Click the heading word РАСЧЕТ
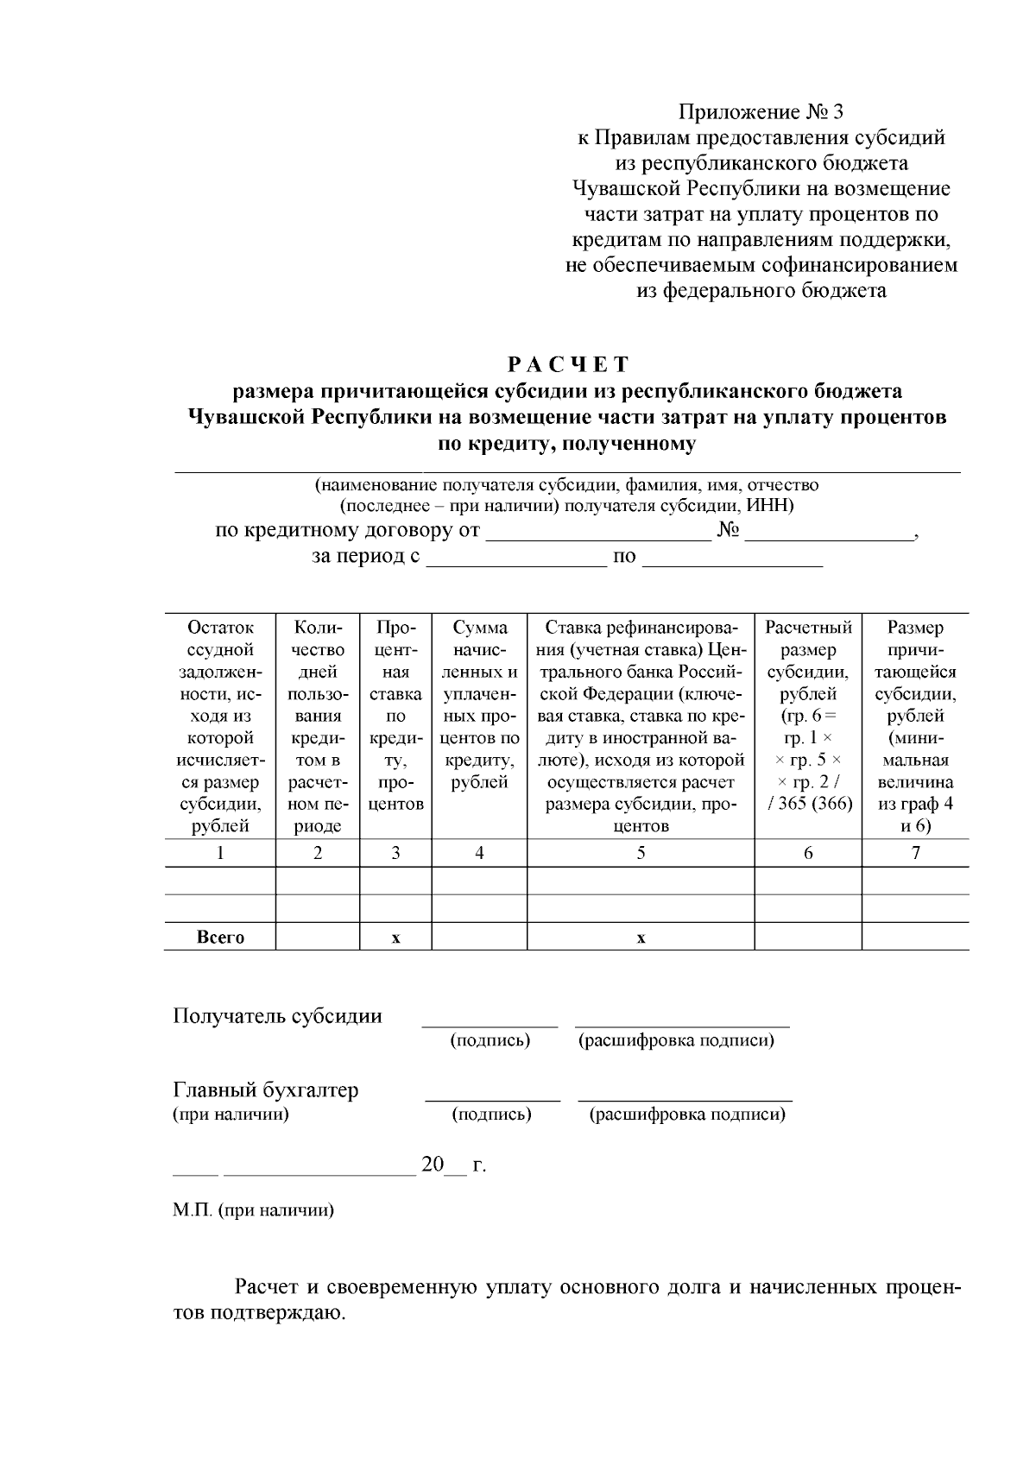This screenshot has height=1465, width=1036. [x=569, y=364]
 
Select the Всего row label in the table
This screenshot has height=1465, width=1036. [x=220, y=938]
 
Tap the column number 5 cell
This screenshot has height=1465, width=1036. [x=641, y=853]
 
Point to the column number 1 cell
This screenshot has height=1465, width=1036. [x=220, y=853]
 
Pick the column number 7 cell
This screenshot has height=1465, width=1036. [x=915, y=853]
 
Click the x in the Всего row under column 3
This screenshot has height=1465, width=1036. [x=395, y=938]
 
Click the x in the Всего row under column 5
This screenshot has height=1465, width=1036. [x=641, y=938]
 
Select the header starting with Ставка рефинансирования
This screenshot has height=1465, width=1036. [x=641, y=726]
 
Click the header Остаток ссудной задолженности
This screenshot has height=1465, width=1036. [x=220, y=726]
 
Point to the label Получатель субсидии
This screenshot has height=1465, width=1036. [x=277, y=1015]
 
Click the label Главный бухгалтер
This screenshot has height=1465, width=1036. [x=266, y=1089]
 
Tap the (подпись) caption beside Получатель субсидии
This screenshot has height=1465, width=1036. [x=490, y=1040]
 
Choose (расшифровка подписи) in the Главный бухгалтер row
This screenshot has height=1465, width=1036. [x=687, y=1115]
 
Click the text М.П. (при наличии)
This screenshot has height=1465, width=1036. [x=253, y=1210]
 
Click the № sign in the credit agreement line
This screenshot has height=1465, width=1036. [x=729, y=530]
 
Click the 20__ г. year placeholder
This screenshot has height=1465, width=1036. [x=453, y=1165]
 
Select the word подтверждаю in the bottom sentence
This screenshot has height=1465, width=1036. [x=277, y=1315]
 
